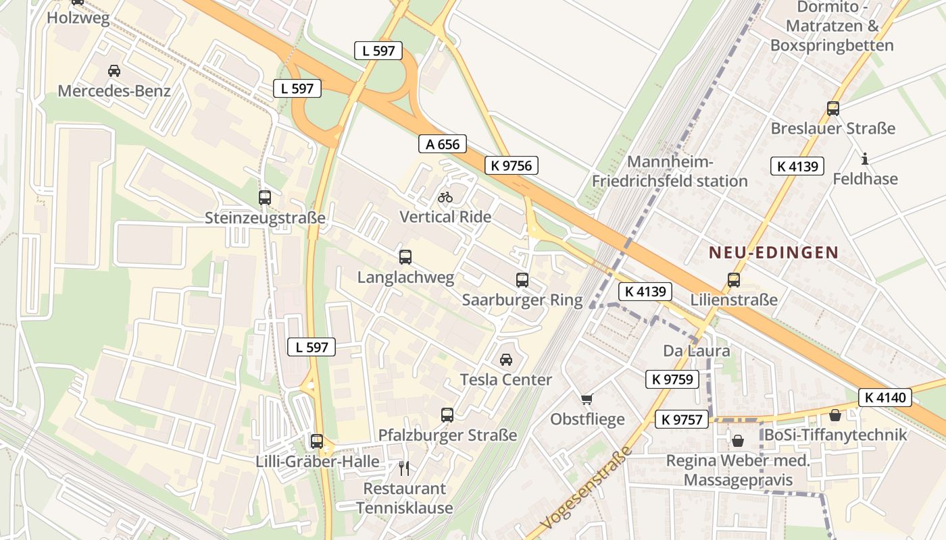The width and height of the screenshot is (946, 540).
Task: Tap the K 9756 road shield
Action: pos(512,165)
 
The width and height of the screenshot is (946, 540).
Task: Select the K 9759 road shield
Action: pos(672,379)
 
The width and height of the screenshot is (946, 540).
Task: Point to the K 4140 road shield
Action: pos(885,398)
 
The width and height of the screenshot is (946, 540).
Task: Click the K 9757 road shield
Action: pos(682,420)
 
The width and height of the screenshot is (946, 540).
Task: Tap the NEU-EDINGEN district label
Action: pos(773,253)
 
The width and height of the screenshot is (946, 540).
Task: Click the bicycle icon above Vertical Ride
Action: pos(445,197)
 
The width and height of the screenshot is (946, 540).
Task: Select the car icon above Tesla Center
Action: pos(506,360)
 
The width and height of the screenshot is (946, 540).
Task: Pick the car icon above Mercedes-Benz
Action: pos(114,71)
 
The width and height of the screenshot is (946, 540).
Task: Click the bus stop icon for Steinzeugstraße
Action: pos(265,198)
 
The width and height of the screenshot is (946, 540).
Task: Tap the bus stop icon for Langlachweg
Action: pos(405,257)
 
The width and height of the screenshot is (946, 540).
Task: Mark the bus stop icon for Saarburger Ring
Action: pos(522,280)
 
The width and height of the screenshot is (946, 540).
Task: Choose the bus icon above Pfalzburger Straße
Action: pos(447,415)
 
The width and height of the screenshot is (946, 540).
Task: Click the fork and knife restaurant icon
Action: pos(404,468)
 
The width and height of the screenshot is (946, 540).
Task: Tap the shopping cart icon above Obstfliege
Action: pos(587,400)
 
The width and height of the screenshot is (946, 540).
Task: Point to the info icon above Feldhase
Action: pos(864,159)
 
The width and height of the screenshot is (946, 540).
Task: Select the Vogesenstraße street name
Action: pos(585,488)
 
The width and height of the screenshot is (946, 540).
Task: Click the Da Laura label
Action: pos(696,351)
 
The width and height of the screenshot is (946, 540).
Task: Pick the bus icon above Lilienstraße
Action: pos(734,279)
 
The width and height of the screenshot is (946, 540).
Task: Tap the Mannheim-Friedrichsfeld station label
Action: pos(670,171)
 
